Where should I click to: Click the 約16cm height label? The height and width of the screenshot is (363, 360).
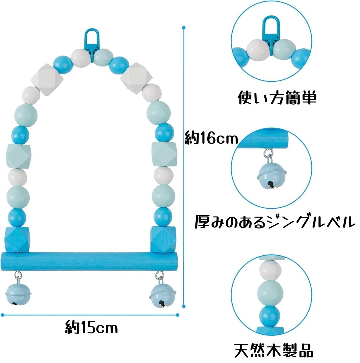point(211,138)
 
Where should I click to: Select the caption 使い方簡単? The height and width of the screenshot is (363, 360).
point(277,98)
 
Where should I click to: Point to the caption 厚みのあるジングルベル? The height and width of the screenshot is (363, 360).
point(273,222)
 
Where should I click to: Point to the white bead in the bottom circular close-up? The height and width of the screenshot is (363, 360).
point(270,270)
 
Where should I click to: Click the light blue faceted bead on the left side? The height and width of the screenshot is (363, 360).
point(19,156)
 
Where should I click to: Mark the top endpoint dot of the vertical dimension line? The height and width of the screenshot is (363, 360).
point(184,28)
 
